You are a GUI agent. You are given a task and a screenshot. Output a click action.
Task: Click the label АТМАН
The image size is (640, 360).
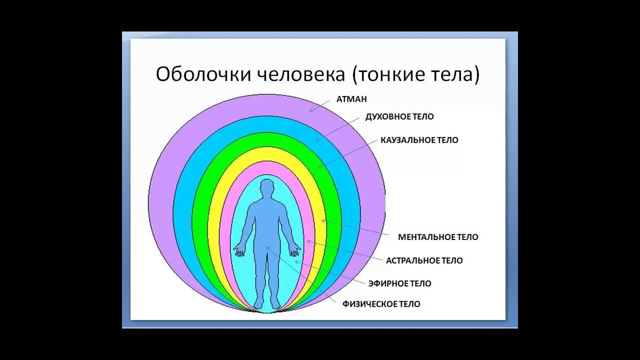(x=351, y=99)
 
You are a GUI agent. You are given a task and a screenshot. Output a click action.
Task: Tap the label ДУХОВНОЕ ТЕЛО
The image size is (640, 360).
(x=399, y=117)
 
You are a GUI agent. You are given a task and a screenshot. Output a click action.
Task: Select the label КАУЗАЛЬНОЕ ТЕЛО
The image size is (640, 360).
(x=419, y=140)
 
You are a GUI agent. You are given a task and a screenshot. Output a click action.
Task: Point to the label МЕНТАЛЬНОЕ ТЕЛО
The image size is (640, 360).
(x=438, y=237)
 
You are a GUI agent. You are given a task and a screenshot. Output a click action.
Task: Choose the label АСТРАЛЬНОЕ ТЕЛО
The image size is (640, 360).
(x=425, y=261)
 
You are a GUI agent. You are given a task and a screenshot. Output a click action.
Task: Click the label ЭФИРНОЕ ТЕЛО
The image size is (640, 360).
(x=399, y=284)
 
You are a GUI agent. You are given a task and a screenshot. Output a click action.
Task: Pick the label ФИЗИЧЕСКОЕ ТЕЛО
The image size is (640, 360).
(x=381, y=304)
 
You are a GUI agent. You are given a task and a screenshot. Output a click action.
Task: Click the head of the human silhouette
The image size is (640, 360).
(x=267, y=188)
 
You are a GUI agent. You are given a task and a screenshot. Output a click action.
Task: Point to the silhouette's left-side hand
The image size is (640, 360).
(x=239, y=251)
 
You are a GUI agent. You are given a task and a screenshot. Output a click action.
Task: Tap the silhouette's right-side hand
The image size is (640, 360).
(x=294, y=251)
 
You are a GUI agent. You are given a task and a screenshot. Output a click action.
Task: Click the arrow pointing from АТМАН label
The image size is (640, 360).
(x=320, y=106)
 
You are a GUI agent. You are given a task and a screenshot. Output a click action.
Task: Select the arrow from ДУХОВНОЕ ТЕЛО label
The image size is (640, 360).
(x=337, y=130)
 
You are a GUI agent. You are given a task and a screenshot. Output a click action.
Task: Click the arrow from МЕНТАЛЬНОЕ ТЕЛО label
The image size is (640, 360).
(x=355, y=227)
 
